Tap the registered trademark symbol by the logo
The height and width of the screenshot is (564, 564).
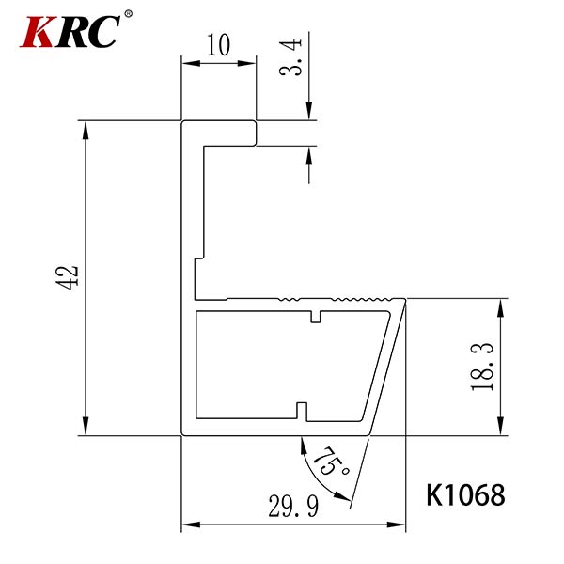pyautogui.click(x=128, y=14)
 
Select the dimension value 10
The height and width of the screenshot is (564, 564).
pyautogui.click(x=218, y=45)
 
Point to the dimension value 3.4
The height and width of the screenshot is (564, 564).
pyautogui.click(x=290, y=56)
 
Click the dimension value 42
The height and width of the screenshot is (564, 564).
pyautogui.click(x=68, y=277)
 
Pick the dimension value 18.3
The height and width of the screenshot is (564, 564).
pyautogui.click(x=482, y=367)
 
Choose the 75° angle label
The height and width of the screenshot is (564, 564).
pyautogui.click(x=331, y=462)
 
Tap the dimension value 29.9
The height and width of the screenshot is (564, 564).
pyautogui.click(x=293, y=506)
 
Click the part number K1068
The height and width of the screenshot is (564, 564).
pyautogui.click(x=465, y=495)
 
